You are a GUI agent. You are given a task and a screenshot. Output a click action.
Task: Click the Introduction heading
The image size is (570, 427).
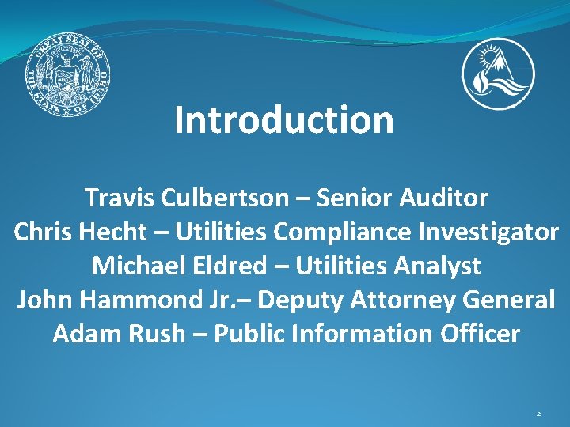(284, 120)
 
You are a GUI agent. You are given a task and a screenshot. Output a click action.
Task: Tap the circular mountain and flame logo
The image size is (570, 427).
(498, 74)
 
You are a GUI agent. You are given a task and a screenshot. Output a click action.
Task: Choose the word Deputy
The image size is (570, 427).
(297, 300)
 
